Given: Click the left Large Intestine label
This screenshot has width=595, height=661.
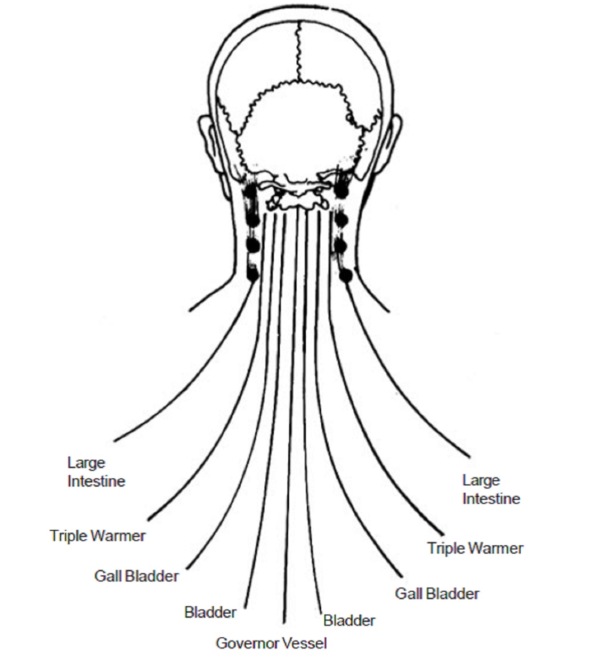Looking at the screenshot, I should coord(96,472).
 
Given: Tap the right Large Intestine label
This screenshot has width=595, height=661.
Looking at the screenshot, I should coord(491,489).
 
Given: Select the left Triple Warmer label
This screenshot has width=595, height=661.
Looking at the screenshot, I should coord(98,535).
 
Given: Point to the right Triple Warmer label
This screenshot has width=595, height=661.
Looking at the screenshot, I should coord(475,548).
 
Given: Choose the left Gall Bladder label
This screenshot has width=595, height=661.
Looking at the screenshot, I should coord(136,576).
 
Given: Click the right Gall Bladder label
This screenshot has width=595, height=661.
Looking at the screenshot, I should coord(437,594).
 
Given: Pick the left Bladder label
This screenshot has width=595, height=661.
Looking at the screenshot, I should coord(210,612).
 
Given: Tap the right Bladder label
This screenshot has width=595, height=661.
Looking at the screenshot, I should coord(349,620).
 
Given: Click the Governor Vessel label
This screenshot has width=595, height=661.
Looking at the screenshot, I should coord(271,643).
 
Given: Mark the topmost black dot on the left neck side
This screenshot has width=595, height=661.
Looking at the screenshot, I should coord(251,191).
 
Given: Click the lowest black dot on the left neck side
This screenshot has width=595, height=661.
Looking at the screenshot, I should coord(253,275).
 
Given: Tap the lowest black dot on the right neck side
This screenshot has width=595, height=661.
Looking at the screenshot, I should coord(345,276).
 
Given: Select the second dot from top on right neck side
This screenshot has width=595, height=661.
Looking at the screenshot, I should coord(341,219).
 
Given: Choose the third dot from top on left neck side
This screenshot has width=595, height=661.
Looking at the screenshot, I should coord(252,245).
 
